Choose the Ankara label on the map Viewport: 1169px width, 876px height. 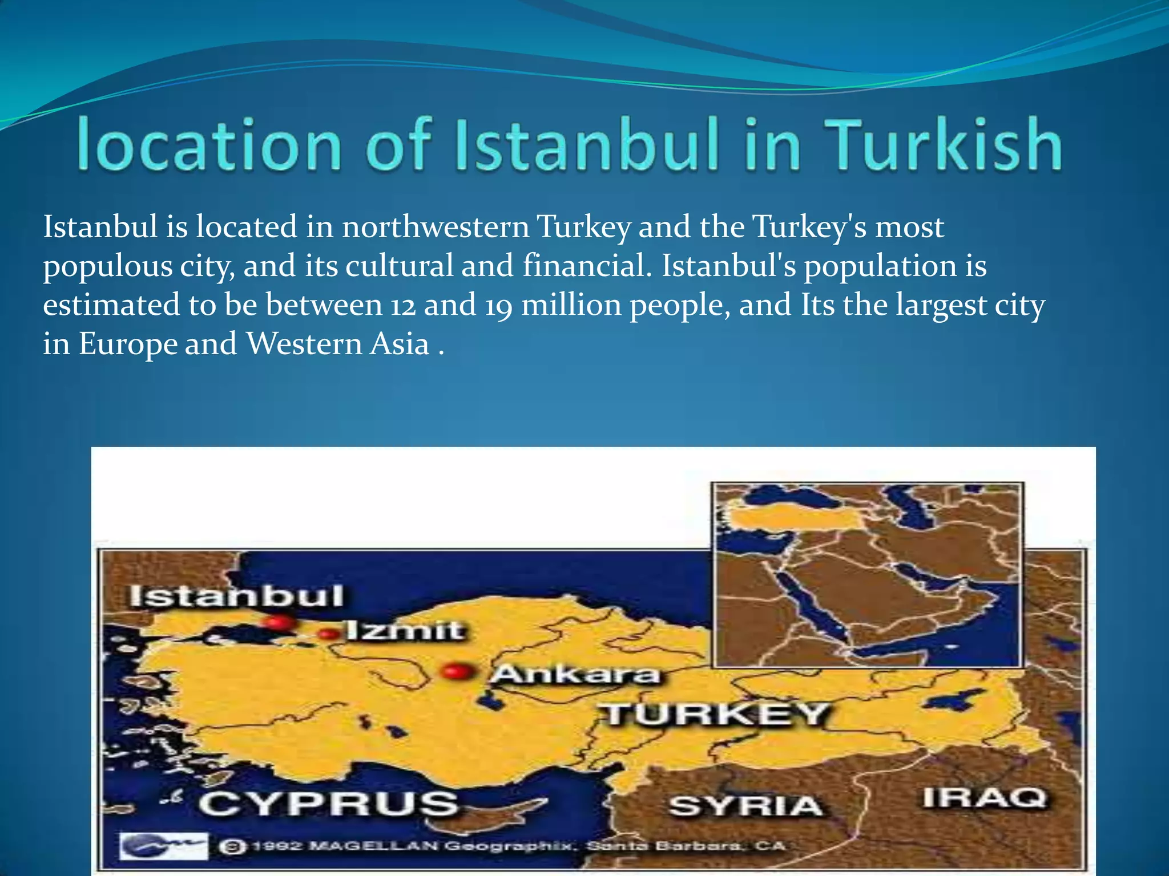point(575,674)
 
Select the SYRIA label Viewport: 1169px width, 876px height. point(745,806)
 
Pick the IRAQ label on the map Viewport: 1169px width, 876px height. point(985,797)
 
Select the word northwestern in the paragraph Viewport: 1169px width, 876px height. point(436,227)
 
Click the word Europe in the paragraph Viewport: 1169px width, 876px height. point(128,344)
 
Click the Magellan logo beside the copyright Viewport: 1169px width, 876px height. point(163,845)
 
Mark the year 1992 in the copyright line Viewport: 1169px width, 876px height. point(277,846)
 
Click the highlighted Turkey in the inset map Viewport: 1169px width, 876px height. point(796,519)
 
